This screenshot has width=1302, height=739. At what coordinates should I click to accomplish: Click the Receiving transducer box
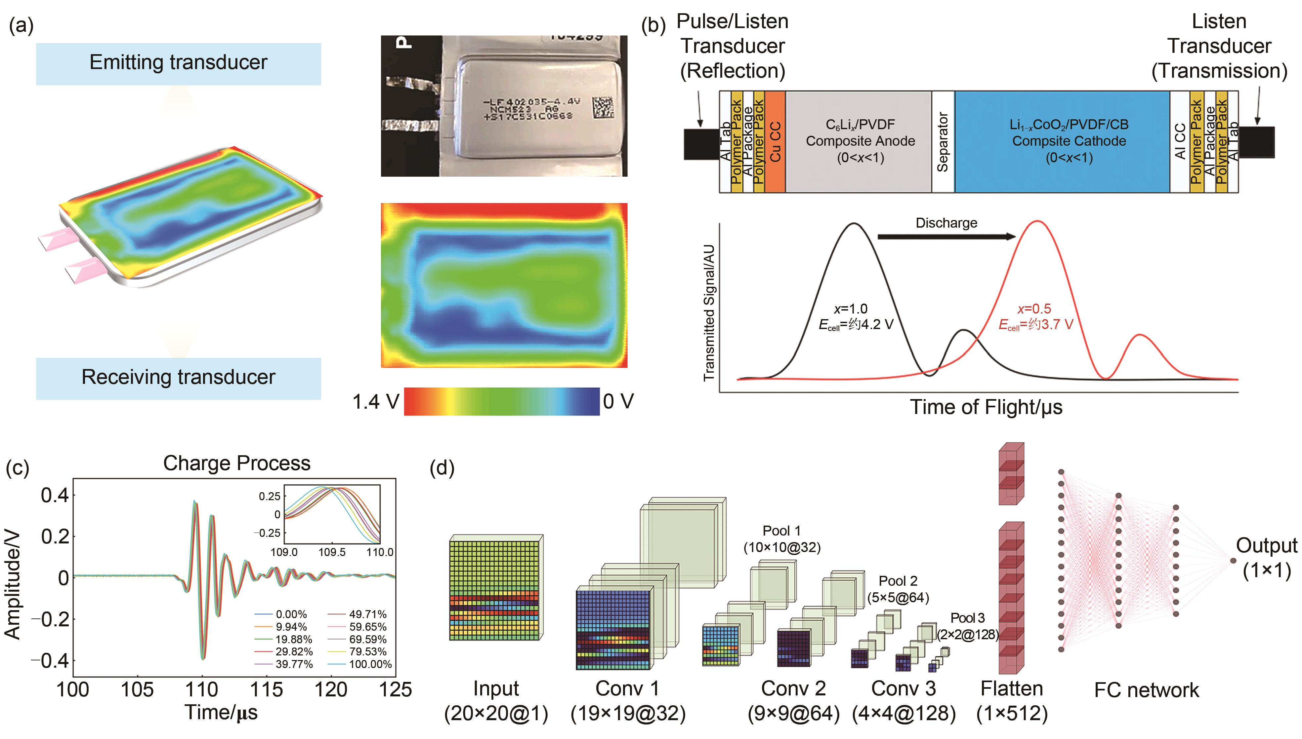[x=178, y=378]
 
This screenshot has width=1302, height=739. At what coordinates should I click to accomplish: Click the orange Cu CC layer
[x=775, y=142]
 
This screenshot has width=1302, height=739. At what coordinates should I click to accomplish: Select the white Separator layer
[x=943, y=142]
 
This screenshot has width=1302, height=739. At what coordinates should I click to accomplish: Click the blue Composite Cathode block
[x=1062, y=142]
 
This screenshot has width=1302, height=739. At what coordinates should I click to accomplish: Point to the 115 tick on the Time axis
[x=266, y=689]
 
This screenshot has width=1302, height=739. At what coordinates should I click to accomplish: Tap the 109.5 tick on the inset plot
[x=332, y=552]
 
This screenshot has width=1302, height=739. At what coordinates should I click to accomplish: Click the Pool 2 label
[x=898, y=581]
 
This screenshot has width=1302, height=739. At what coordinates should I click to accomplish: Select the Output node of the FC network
[x=1233, y=560]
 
